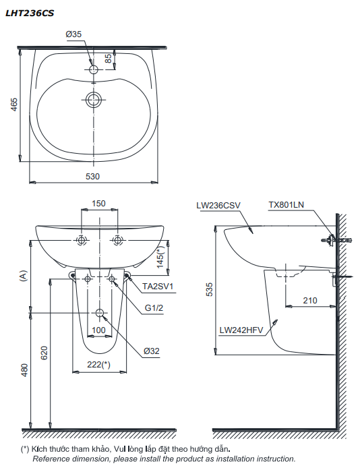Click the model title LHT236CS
click(30, 11)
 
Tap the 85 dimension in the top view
click(108, 61)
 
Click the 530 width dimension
click(92, 176)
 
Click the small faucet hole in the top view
click(94, 69)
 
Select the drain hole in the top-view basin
click(94, 100)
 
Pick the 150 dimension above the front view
click(98, 203)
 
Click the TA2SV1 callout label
click(158, 286)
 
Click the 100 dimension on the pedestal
click(99, 330)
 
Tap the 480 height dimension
click(24, 370)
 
